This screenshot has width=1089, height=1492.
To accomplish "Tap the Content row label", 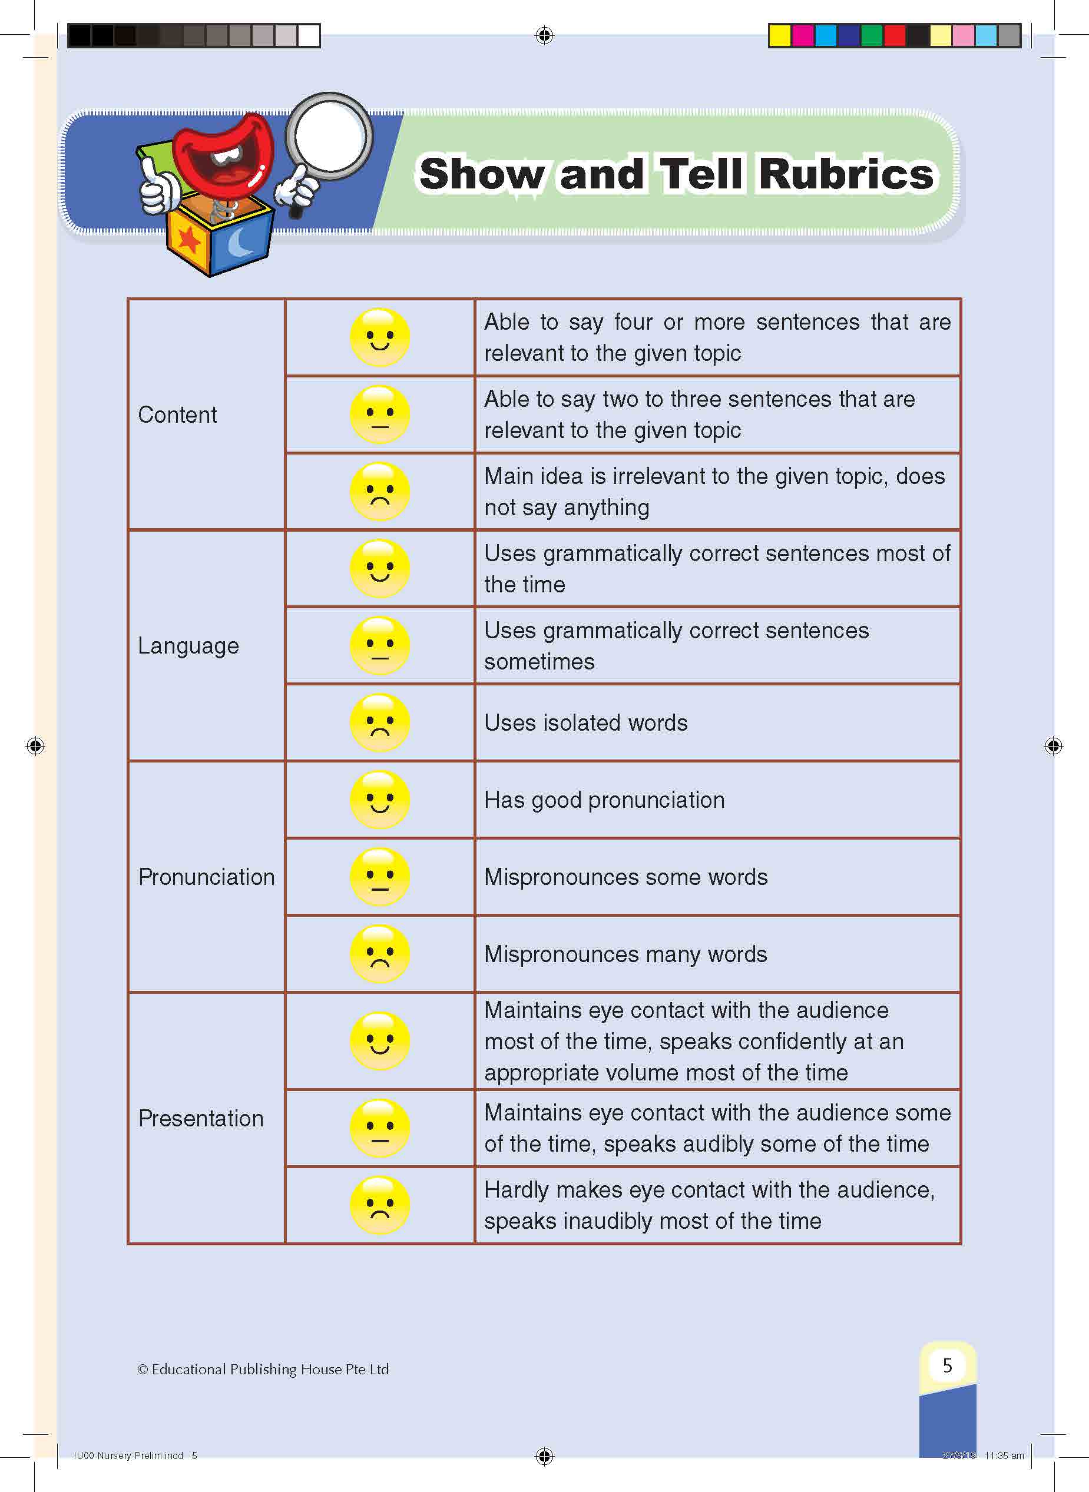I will click(177, 415).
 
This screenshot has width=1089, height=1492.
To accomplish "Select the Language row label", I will click(188, 646).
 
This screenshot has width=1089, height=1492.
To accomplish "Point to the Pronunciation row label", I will click(206, 877).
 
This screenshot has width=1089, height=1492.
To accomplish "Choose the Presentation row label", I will click(201, 1118).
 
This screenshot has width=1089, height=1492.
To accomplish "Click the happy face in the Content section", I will click(380, 337).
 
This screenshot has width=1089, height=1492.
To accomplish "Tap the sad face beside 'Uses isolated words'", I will click(380, 723).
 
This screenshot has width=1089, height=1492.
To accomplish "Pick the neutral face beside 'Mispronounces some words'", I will click(380, 877).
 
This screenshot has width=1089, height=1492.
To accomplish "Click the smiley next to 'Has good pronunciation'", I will click(380, 800).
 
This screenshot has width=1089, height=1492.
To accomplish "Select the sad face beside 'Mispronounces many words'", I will click(380, 954).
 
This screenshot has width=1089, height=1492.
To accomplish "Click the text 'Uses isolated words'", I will click(585, 723).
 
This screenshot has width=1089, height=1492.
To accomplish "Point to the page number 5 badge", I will click(947, 1365).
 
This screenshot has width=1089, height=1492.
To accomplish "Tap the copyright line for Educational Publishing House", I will click(263, 1370).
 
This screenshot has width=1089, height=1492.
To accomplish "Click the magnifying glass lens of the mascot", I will click(330, 137).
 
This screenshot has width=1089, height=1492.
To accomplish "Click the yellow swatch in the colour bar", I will click(780, 35).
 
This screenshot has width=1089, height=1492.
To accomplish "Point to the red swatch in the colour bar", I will click(895, 35).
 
